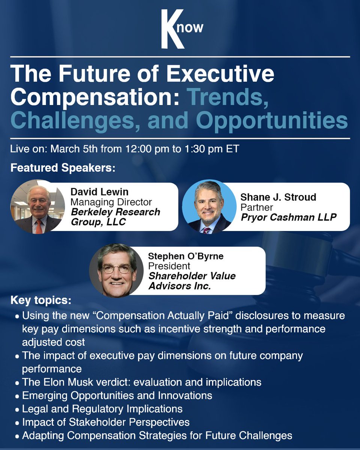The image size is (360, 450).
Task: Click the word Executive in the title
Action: pyautogui.click(x=220, y=74)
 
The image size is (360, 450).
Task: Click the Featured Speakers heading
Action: pyautogui.click(x=62, y=167)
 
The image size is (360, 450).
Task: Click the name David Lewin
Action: pyautogui.click(x=99, y=192)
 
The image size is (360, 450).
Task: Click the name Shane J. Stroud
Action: pyautogui.click(x=278, y=197)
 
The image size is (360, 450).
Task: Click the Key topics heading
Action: pyautogui.click(x=40, y=301)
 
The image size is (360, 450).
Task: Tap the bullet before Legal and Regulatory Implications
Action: pyautogui.click(x=17, y=409)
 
